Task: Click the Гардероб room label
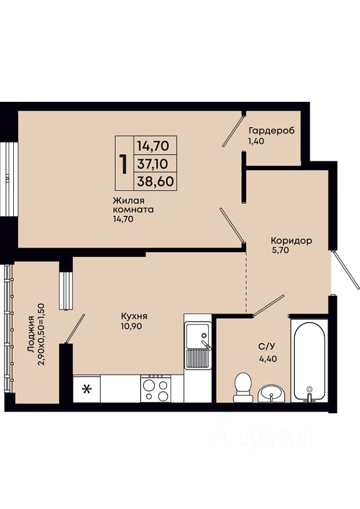(271, 130)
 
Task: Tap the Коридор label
(292, 241)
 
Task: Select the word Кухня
(134, 316)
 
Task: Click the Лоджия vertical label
(31, 334)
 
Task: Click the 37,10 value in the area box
(153, 164)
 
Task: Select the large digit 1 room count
(124, 164)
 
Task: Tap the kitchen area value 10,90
(131, 326)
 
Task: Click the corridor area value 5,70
(280, 250)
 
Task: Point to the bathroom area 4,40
(268, 359)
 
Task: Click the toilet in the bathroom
(242, 387)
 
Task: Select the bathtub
(310, 361)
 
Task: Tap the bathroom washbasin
(271, 393)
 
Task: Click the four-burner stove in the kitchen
(156, 389)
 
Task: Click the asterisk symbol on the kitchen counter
(86, 389)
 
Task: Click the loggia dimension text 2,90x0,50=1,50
(42, 335)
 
